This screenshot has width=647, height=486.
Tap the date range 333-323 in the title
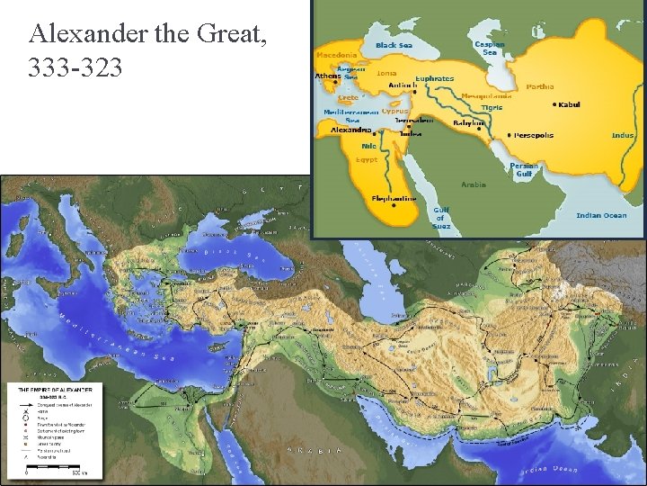[75, 67]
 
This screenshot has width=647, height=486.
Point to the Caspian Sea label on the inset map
[490, 48]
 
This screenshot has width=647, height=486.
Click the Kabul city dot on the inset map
[554, 104]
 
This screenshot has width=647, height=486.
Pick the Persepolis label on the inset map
[534, 135]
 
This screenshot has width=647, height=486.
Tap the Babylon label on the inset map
[468, 122]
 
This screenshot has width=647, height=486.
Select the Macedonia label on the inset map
[337, 54]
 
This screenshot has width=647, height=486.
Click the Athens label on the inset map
[328, 76]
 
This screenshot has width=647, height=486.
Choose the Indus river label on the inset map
[623, 136]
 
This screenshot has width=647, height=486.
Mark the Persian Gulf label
[524, 170]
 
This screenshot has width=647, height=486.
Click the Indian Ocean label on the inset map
[601, 215]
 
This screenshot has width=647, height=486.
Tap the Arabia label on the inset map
[474, 184]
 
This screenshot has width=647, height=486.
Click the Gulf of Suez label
[440, 218]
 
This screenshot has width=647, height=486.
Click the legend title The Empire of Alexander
[54, 389]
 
